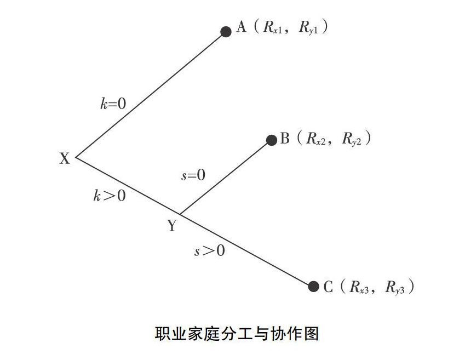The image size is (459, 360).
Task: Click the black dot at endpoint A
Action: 226,32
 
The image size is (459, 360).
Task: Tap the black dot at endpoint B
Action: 271,140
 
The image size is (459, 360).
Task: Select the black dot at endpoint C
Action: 313,286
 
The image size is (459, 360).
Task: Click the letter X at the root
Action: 65,159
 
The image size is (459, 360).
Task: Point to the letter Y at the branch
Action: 172,225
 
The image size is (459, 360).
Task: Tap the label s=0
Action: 193,175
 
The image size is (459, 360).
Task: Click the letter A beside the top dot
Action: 241,27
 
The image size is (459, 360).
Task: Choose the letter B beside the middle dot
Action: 285,139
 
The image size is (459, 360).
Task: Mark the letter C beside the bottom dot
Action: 328,287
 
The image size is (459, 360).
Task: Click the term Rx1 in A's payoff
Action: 272,28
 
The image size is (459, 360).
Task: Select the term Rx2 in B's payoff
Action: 317,140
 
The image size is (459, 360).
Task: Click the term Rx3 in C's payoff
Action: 359,287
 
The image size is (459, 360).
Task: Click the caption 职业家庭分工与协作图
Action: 229,333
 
